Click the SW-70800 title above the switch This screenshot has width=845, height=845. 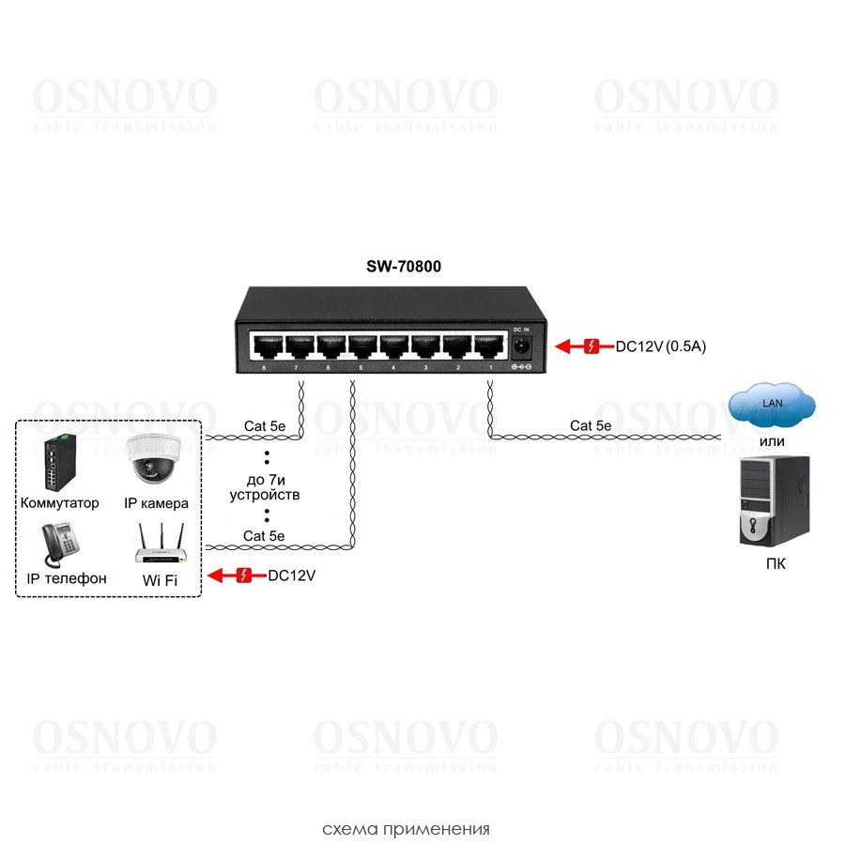pos(404,268)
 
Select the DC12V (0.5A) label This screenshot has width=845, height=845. pos(660,346)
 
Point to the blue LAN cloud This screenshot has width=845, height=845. pos(771,406)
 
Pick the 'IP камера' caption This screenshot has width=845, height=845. pos(156,503)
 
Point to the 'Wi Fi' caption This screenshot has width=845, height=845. pos(160,580)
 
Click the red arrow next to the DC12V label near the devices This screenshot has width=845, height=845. pos(233,576)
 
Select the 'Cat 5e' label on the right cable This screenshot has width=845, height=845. pos(590,425)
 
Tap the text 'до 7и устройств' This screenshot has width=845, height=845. pos(265,486)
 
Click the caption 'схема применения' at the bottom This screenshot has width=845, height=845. pos(406,829)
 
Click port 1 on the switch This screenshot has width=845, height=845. pos(489,347)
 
